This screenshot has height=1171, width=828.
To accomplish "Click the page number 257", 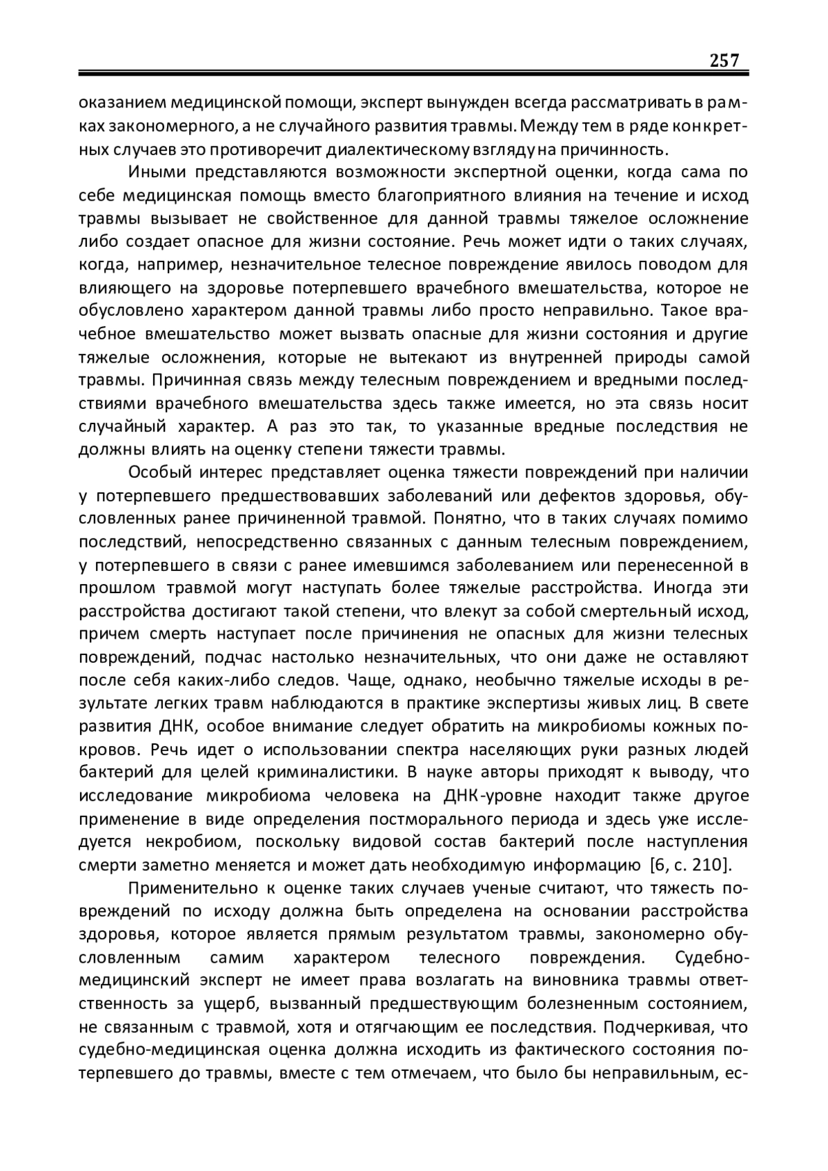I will click(x=724, y=60).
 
